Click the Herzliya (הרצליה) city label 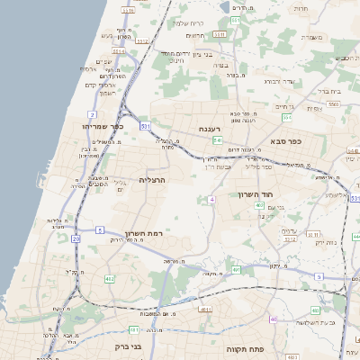click(156, 181)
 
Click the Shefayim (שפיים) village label click(103, 61)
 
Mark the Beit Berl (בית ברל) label click(329, 90)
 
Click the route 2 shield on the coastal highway click(92, 114)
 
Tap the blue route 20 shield click(76, 239)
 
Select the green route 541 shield click(218, 142)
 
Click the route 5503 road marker click(332, 104)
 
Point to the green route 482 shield click(110, 279)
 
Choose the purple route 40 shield click(273, 319)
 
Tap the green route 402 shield click(259, 206)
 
